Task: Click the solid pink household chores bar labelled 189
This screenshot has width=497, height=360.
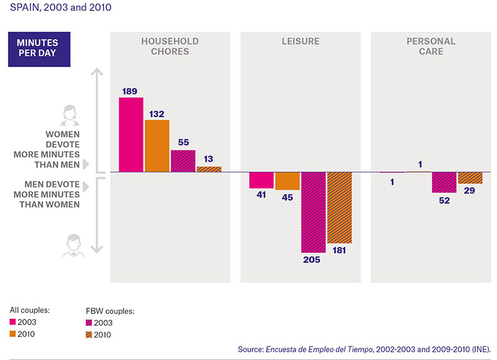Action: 131,134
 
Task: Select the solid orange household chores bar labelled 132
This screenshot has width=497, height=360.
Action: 157,146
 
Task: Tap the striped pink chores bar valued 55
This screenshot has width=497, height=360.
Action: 183,161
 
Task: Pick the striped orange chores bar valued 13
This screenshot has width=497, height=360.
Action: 209,169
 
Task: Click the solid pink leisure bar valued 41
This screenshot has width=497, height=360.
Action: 262,180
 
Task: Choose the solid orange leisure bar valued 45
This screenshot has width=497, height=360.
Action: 288,181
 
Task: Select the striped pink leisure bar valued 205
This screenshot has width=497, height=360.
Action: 314,213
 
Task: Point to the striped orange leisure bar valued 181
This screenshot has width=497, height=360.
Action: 339,208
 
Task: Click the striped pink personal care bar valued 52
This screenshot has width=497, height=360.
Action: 444,182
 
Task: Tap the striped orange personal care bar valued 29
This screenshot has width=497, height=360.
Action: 470,178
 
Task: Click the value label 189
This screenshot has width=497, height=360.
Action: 130,91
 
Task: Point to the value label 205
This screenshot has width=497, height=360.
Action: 312,260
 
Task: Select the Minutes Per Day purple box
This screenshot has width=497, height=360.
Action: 39,49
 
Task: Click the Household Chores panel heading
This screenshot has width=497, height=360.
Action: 170,46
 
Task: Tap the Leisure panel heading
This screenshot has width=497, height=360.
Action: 301,41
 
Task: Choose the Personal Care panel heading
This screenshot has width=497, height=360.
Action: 431,46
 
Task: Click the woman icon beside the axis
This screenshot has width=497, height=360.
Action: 70,116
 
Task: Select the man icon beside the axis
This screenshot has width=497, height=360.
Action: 73,245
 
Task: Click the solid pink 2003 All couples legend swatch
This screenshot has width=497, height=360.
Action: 12,322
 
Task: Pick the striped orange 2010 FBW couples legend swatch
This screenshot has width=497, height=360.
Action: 89,335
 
